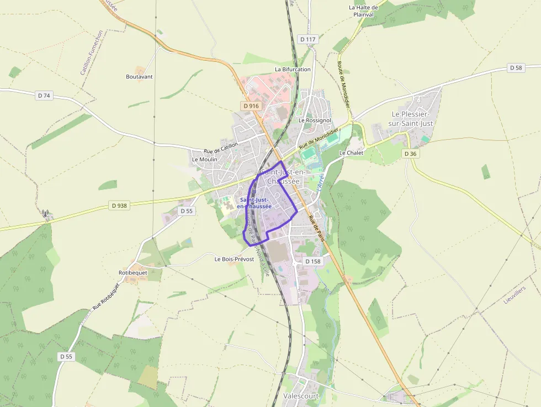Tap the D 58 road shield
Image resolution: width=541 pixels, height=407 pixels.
click(x=516, y=68)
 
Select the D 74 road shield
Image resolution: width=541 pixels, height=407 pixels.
click(x=44, y=96)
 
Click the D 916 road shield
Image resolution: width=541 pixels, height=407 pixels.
click(x=250, y=105)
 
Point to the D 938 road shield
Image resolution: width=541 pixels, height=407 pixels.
click(x=119, y=205)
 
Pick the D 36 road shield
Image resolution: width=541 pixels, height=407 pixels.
click(x=410, y=154)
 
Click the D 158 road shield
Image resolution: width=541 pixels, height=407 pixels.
click(x=312, y=261)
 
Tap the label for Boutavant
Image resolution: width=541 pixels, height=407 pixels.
click(x=139, y=77)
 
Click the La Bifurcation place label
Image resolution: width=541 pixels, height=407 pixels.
click(x=293, y=70)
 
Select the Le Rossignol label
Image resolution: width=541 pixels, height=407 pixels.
click(x=315, y=120)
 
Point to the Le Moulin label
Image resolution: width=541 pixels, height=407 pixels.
click(x=205, y=159)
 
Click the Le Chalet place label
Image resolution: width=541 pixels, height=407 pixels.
click(x=351, y=152)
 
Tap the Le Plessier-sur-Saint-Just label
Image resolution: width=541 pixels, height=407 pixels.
click(x=412, y=119)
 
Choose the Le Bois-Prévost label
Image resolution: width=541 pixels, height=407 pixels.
click(x=234, y=259)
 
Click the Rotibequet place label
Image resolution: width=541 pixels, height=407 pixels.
click(x=133, y=273)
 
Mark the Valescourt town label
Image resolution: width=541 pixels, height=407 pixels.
click(x=301, y=396)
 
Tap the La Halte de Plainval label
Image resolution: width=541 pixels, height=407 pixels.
click(x=363, y=11)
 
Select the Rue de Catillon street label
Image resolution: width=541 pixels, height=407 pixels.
click(x=221, y=148)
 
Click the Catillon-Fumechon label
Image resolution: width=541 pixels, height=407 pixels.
click(x=92, y=53)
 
